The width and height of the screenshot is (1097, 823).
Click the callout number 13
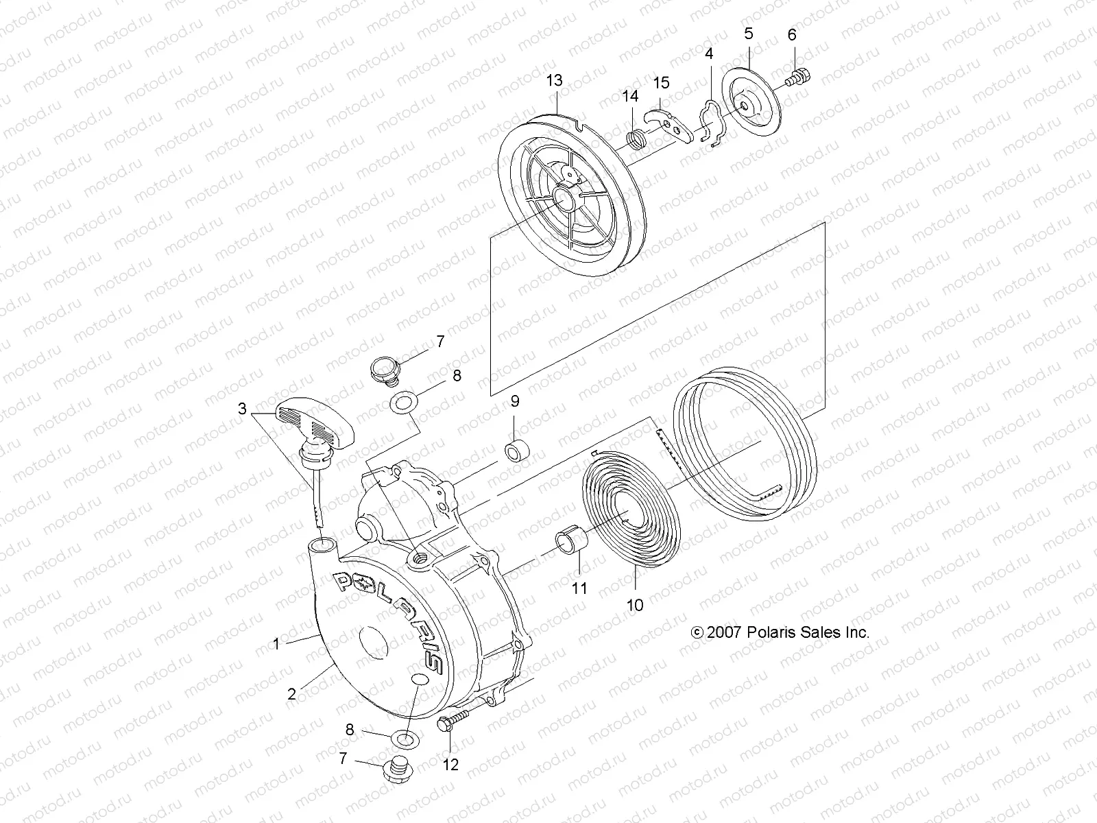(x=554, y=80)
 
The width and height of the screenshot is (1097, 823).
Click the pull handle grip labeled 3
(x=316, y=422)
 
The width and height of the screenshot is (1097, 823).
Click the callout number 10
(x=635, y=605)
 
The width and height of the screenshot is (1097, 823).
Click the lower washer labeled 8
(x=403, y=739)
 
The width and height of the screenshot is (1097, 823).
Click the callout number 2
(x=291, y=693)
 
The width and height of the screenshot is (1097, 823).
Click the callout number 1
(x=276, y=644)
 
